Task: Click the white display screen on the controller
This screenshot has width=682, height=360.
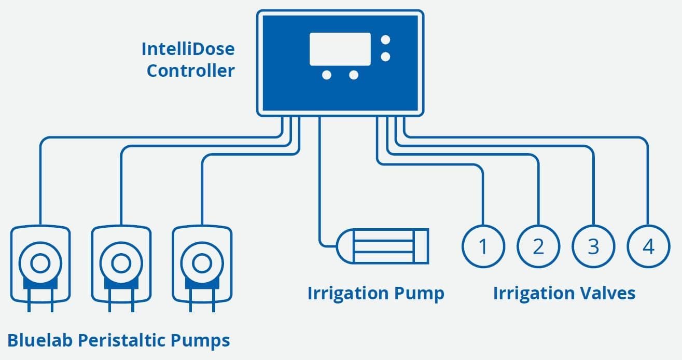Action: (340, 49)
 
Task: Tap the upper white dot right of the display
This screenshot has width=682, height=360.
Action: (386, 40)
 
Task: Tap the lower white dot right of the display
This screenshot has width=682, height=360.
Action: (386, 56)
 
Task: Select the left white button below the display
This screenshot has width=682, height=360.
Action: (327, 75)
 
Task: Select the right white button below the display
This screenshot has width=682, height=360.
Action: (354, 75)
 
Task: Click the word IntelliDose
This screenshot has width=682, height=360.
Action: (188, 49)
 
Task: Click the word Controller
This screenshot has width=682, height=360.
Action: (190, 71)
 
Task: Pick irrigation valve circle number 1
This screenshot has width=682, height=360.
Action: (483, 246)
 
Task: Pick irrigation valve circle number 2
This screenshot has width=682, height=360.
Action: (538, 246)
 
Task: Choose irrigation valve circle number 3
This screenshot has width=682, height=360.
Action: (593, 246)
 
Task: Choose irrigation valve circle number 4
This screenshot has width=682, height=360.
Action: (648, 246)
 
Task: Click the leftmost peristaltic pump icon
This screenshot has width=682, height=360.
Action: (40, 265)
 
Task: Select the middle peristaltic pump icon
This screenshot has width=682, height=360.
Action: (121, 265)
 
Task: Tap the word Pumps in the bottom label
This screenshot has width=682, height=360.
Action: (200, 341)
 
